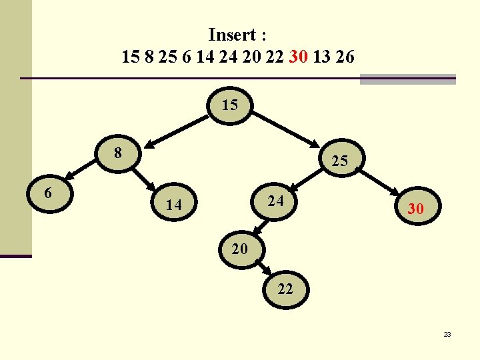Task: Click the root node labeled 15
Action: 229,105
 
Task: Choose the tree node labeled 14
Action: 173,205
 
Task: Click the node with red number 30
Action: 415,209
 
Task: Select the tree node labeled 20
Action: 240,249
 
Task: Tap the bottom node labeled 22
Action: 285,289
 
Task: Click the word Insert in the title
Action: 231,34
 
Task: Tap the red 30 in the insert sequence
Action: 298,57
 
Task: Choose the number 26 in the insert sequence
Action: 345,57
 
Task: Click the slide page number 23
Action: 447,334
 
